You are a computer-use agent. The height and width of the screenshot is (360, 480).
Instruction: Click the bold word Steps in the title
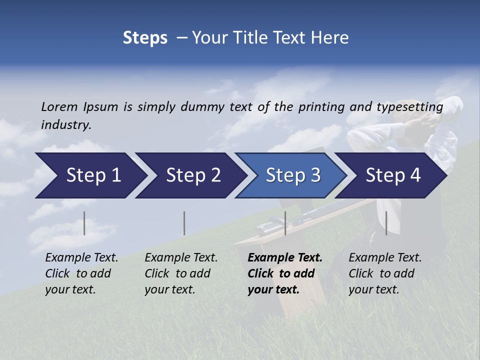point(145,38)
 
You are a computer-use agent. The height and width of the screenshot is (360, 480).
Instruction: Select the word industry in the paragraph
point(66,124)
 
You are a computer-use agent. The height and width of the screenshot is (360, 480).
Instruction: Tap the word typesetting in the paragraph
point(409,106)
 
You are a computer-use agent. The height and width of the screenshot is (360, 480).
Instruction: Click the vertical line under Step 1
point(84,223)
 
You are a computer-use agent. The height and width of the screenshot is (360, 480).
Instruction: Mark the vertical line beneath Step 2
point(184,223)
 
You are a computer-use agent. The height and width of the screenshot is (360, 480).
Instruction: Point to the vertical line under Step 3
point(285,223)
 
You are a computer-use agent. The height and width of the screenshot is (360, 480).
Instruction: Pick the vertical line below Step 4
point(386,223)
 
